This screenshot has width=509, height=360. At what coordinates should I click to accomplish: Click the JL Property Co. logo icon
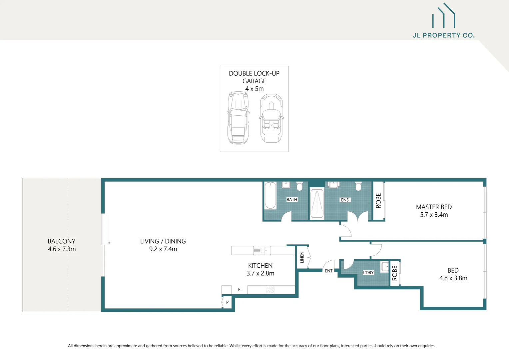(x=443, y=16)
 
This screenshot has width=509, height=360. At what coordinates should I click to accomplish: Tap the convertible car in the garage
(x=271, y=118)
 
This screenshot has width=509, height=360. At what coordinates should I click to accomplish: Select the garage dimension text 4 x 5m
(x=254, y=89)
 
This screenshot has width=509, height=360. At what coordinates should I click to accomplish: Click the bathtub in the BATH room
(x=270, y=196)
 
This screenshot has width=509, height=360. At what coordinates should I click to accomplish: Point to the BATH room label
(x=292, y=200)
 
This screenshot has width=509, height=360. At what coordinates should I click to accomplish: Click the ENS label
(x=345, y=200)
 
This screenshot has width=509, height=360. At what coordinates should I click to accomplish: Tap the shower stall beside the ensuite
(x=317, y=203)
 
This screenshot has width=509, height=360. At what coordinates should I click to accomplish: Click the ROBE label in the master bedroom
(x=378, y=201)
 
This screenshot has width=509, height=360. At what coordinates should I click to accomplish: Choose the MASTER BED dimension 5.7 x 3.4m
(x=434, y=215)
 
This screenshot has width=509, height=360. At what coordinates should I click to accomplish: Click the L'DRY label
(x=368, y=273)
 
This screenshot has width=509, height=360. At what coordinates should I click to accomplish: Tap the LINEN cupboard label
(x=302, y=257)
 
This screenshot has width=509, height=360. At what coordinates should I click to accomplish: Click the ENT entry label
(x=328, y=271)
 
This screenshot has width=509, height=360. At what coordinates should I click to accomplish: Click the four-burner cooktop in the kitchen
(x=270, y=290)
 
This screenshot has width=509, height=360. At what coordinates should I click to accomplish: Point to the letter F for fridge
(x=239, y=290)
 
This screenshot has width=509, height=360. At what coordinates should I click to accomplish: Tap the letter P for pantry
(x=227, y=303)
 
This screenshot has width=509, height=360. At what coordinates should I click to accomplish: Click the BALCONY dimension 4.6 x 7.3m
(x=62, y=249)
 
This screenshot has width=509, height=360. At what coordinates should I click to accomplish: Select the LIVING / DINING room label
(x=163, y=241)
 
